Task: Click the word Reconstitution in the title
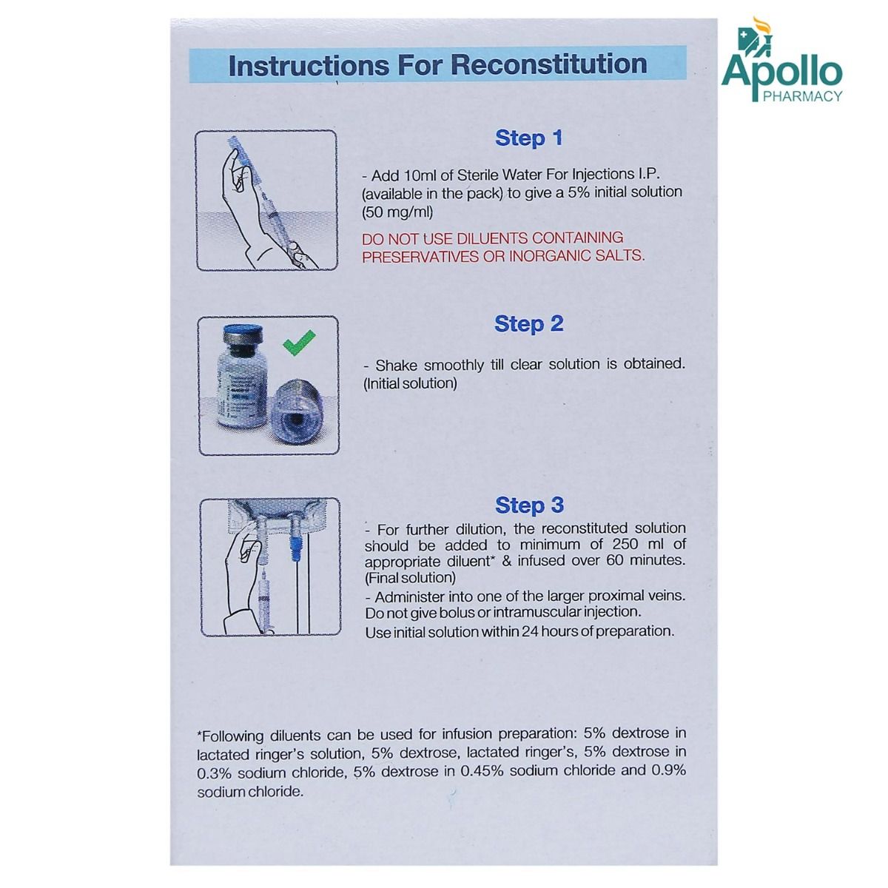(x=548, y=64)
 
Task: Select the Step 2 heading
(x=528, y=324)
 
